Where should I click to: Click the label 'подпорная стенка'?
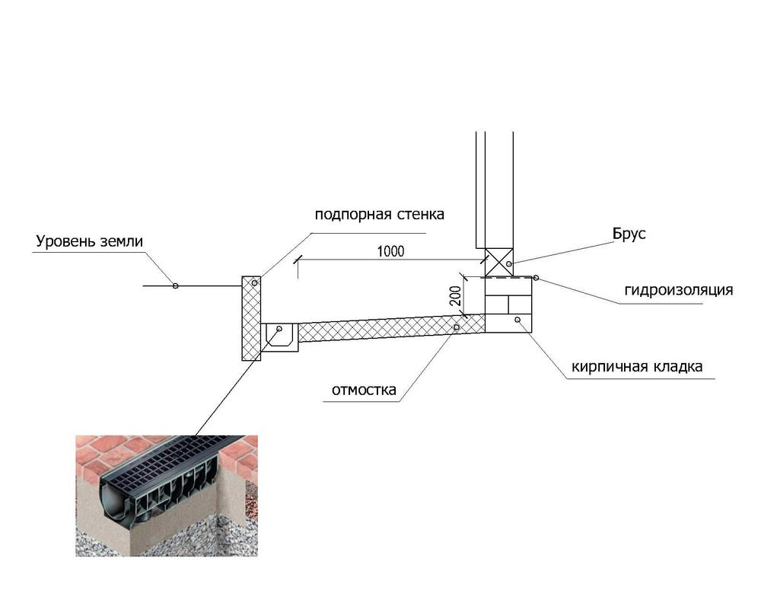[379, 214]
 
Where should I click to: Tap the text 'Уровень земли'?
[89, 242]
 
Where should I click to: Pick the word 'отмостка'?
[364, 391]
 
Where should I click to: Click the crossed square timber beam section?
[499, 263]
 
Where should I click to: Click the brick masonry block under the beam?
[508, 305]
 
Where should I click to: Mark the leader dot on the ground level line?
[176, 286]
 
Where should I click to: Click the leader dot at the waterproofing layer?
[536, 278]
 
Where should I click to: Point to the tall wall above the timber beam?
[495, 190]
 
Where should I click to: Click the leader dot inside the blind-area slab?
[456, 327]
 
